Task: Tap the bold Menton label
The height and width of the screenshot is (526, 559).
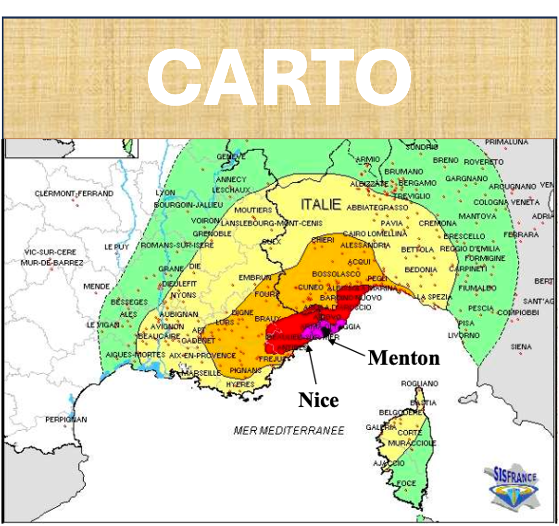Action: (404, 358)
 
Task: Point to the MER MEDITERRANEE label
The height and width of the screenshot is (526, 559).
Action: (289, 431)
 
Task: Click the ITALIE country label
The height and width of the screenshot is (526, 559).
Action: (321, 205)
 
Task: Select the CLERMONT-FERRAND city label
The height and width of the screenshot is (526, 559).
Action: (74, 194)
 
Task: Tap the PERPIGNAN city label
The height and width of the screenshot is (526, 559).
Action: (66, 419)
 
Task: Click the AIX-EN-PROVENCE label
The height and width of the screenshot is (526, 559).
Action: (202, 355)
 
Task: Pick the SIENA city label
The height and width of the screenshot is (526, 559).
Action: (521, 347)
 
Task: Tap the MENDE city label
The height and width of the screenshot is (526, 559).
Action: (96, 286)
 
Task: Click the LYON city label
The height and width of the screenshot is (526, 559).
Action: (165, 193)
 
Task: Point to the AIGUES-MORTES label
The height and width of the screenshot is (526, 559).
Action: (135, 355)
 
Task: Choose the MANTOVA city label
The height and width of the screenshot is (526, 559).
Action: (477, 216)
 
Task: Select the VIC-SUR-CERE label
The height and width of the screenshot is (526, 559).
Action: (50, 252)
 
